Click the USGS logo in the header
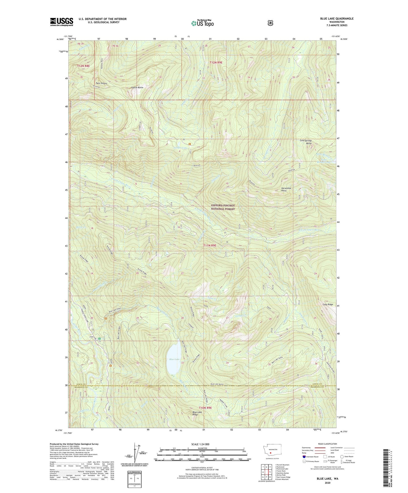pyautogui.click(x=62, y=22)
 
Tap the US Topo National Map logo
pyautogui.click(x=202, y=23)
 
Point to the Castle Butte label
pyautogui.click(x=137, y=88)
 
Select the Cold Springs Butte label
pyautogui.click(x=306, y=142)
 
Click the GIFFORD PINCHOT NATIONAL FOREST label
pyautogui.click(x=223, y=207)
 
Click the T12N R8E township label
pyautogui.click(x=84, y=66)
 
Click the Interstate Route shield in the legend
pyautogui.click(x=304, y=456)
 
